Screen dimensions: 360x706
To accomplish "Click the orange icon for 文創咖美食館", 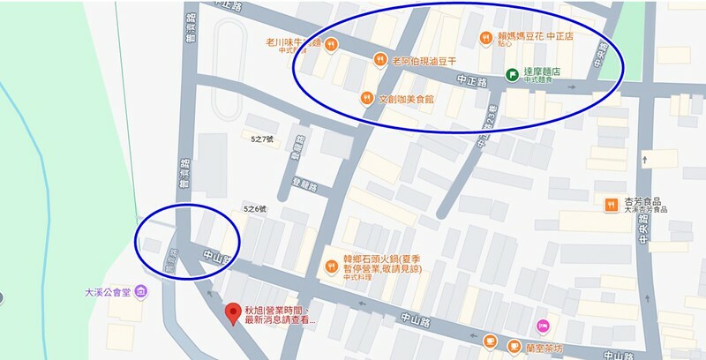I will point(366,98).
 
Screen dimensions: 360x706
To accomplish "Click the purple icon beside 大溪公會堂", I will point(142,291).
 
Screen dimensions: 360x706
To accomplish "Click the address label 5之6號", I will point(254,208).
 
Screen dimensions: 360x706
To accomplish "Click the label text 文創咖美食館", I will point(406,99).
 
